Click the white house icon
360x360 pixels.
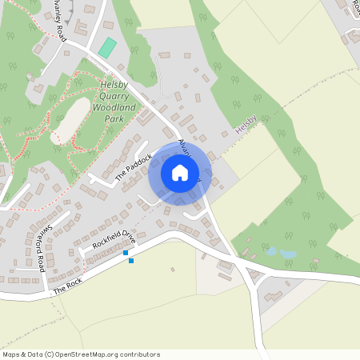pos(180,173)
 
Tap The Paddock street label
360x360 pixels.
pos(132,166)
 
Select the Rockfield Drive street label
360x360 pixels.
pos(114,239)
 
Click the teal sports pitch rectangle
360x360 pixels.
pos(106,47)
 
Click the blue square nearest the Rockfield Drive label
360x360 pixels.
pos(126,253)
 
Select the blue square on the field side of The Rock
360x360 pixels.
pos(131,261)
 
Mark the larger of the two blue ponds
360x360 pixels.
pos(288,254)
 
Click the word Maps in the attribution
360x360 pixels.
pos(11,354)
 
